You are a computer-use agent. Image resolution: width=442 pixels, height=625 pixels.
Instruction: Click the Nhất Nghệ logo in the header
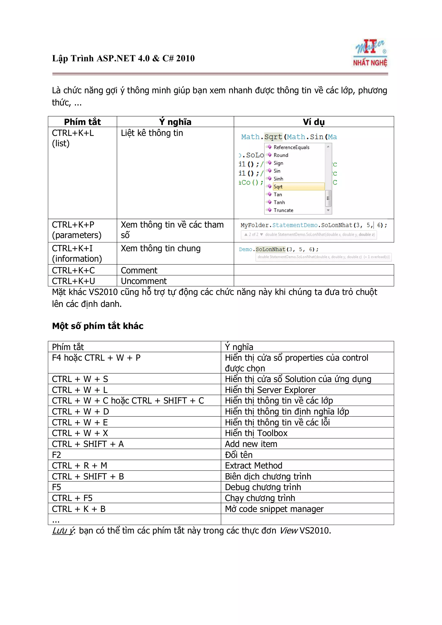370,53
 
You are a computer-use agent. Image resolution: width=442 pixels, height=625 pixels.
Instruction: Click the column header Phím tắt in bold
82,122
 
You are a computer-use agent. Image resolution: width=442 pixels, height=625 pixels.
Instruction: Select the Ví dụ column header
314,122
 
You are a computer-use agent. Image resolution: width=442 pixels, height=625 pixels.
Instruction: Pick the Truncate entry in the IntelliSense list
284,210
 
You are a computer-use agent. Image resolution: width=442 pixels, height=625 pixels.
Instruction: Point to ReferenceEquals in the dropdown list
291,147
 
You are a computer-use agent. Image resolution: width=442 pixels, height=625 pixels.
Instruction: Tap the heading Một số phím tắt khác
98,326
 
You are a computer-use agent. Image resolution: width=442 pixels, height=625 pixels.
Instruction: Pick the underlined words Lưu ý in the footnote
63,531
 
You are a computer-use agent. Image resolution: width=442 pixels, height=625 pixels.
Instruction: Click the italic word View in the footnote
288,531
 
